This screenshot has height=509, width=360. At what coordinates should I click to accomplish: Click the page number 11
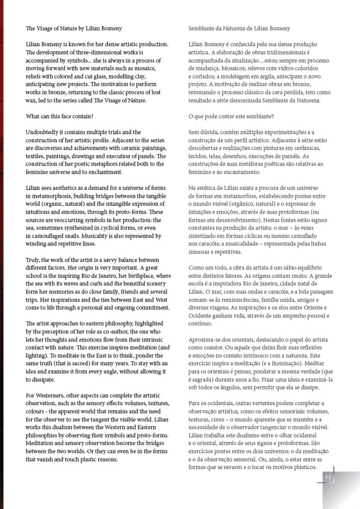pyautogui.click(x=328, y=477)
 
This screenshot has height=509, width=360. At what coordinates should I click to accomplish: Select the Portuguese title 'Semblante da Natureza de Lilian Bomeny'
pyautogui.click(x=239, y=28)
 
